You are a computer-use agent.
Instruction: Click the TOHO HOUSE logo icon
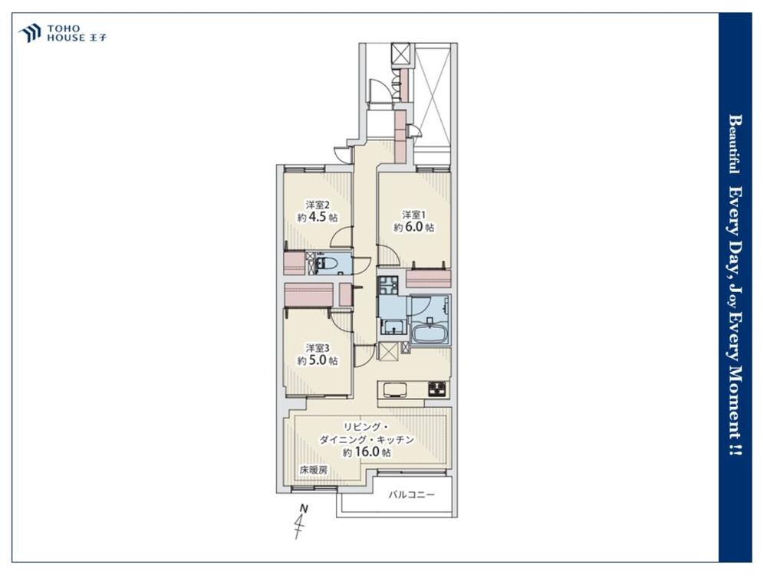[x=29, y=33]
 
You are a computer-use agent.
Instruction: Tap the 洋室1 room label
[x=414, y=215]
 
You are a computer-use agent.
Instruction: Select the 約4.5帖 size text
[x=318, y=217]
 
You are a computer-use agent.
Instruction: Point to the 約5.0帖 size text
[x=318, y=361]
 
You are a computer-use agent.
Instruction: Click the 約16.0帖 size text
[x=367, y=452]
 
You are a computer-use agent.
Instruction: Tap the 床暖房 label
[x=314, y=471]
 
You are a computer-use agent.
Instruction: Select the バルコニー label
[x=412, y=495]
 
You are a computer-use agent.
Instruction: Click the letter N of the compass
[x=304, y=509]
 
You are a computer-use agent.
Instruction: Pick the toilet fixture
[x=326, y=264]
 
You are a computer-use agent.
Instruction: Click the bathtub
[x=430, y=336]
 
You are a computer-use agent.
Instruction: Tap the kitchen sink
[x=395, y=389]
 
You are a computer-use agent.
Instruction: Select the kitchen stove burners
[x=437, y=389]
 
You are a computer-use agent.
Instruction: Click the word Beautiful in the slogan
[x=734, y=144]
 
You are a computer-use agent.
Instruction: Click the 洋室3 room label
[x=318, y=348]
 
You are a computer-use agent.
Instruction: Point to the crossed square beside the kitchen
[x=388, y=352]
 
